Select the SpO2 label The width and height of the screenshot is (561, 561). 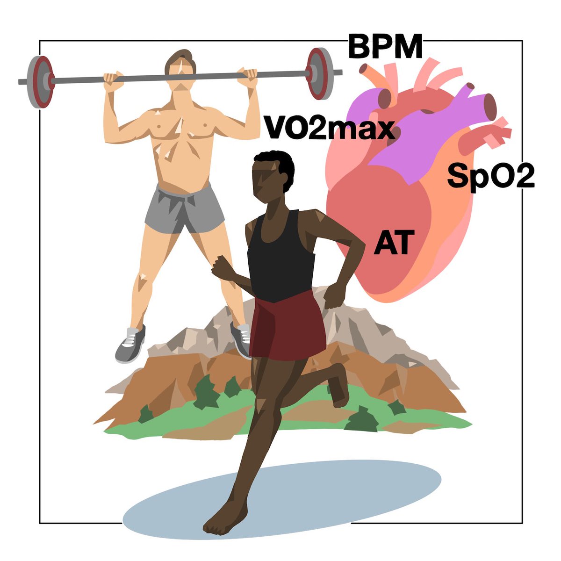[x=490, y=176]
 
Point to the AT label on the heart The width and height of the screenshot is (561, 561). [x=394, y=244]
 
